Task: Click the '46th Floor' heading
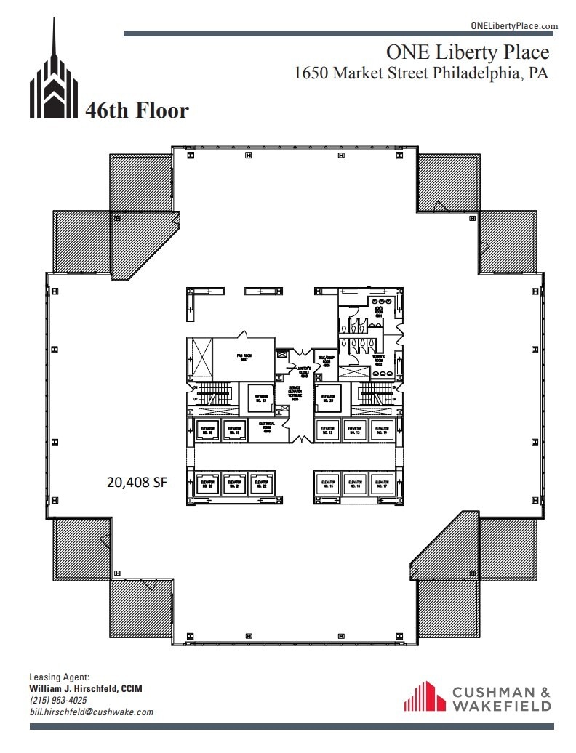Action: pos(137,110)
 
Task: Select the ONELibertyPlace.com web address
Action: pos(514,25)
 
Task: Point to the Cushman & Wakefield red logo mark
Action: pos(425,696)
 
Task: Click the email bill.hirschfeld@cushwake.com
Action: pos(91,712)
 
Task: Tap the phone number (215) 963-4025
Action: pos(57,700)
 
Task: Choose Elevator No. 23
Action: pos(260,398)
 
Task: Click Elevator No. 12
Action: pos(328,430)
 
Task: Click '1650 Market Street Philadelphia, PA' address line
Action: pos(420,73)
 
